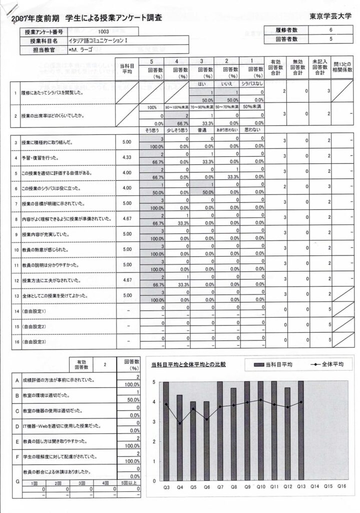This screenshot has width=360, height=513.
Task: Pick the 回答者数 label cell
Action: point(286,39)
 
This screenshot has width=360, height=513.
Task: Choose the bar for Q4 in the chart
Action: point(180,437)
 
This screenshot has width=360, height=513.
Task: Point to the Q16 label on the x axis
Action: point(341,485)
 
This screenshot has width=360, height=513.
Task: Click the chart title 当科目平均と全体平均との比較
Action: point(188,364)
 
